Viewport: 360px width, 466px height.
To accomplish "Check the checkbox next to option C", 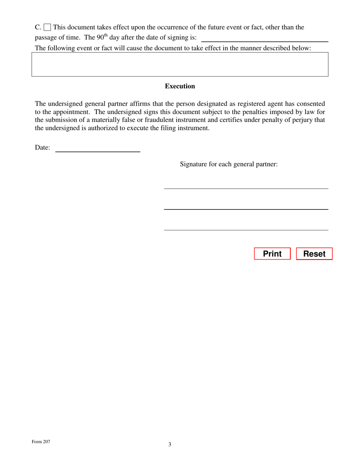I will point(47,27).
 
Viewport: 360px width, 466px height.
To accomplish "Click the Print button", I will point(272,254).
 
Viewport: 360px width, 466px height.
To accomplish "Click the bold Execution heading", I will point(180,86).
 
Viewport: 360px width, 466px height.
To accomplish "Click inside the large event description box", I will point(180,64).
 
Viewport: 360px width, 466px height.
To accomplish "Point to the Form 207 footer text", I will point(41,442).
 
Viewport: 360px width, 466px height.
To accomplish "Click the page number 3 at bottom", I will point(170,444).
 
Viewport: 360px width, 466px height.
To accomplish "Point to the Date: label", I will point(42,148).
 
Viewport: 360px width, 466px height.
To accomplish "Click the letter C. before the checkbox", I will point(38,27).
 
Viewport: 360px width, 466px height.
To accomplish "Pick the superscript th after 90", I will point(106,36).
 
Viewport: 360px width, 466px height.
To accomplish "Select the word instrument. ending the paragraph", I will point(193,128).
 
